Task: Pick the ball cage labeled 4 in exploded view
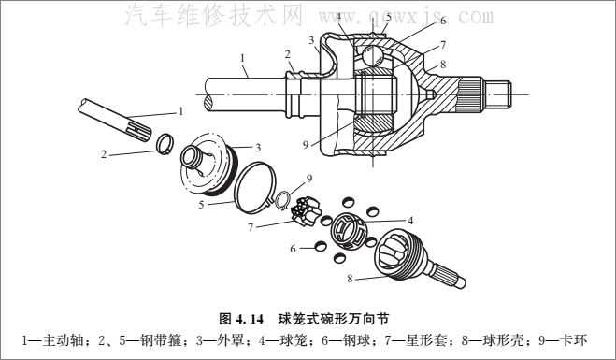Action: [x=349, y=232]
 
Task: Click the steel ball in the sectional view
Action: [x=371, y=56]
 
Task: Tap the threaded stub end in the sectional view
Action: [x=497, y=94]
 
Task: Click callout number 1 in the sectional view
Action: [x=242, y=58]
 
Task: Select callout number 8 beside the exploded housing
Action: [x=350, y=279]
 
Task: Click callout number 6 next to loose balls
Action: [x=293, y=249]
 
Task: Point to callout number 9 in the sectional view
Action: [x=306, y=145]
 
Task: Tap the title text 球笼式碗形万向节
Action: [x=334, y=318]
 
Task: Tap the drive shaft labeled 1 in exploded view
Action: [x=115, y=121]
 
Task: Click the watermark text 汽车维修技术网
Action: [x=214, y=16]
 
